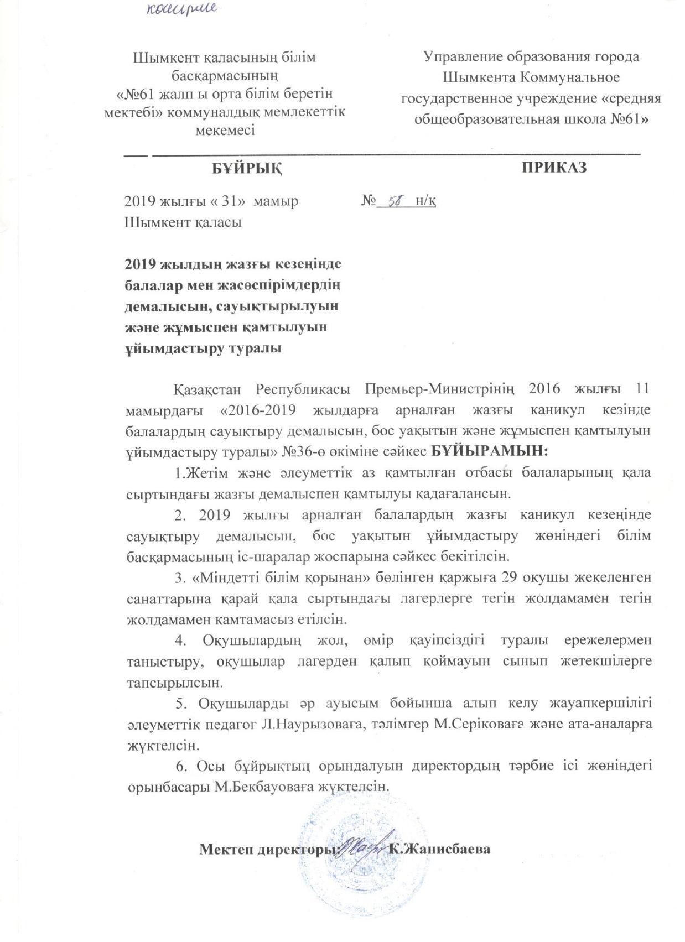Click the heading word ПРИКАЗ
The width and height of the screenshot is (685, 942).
pyautogui.click(x=554, y=168)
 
